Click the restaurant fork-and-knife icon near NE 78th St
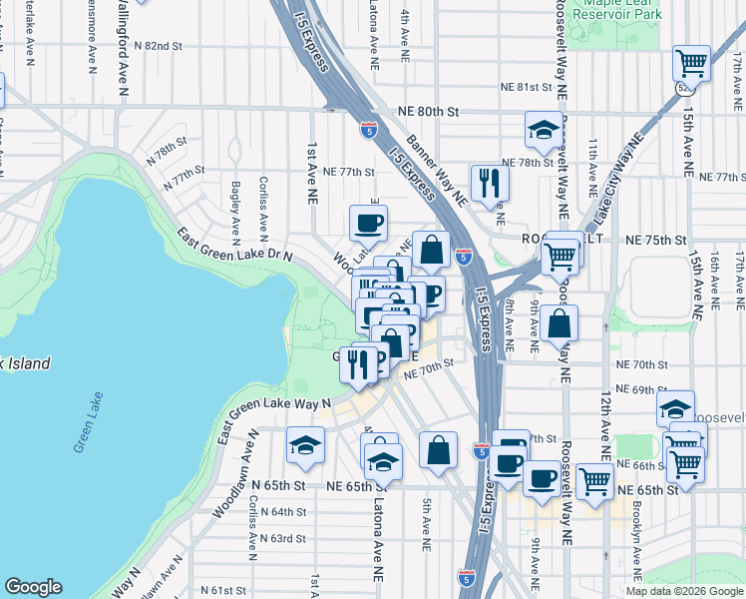[x=490, y=182]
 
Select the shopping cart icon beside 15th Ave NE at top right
[x=691, y=64]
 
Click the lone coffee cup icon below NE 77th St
[x=368, y=223]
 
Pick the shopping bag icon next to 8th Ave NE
[x=561, y=323]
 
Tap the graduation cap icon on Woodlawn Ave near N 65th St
[x=306, y=445]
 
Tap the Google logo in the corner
[x=33, y=587]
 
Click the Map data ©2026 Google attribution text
[x=683, y=591]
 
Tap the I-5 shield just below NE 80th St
[x=369, y=129]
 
